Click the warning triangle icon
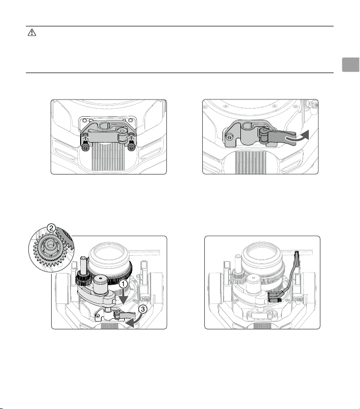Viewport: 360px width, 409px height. tap(32, 32)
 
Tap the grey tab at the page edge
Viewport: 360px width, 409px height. tap(351, 64)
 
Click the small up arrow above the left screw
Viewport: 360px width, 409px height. tap(85, 137)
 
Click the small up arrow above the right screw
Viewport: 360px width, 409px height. tap(131, 137)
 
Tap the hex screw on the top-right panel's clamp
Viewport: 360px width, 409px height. tap(229, 137)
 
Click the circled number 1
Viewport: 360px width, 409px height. tap(123, 284)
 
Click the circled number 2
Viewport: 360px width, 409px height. tap(51, 228)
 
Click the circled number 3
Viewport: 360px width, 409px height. tap(142, 310)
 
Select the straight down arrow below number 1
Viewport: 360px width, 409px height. tap(123, 296)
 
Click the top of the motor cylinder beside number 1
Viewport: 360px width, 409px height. tap(100, 279)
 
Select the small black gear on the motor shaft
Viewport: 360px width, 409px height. tap(83, 279)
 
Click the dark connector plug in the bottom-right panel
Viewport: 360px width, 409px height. tap(275, 297)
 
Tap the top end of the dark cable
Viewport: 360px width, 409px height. tap(297, 252)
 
